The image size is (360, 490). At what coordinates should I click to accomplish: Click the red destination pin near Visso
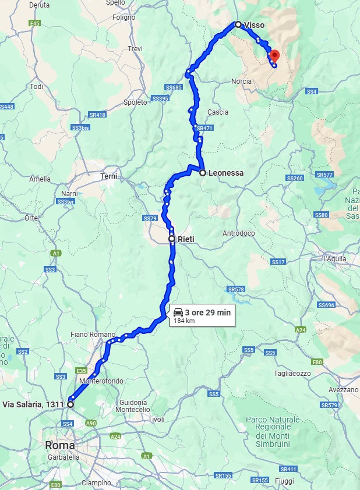point(274,56)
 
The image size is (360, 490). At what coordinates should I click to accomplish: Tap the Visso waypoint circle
point(238,24)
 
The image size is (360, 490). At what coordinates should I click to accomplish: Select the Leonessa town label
point(225,173)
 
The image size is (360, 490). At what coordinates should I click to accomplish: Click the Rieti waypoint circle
point(172,239)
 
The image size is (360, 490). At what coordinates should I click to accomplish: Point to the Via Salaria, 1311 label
point(33,404)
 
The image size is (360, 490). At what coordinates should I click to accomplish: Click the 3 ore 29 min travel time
point(207,313)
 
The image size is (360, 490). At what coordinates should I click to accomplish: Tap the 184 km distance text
point(184,321)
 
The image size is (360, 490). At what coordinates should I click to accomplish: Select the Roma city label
point(60,445)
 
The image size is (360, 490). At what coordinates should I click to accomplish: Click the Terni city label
point(109,176)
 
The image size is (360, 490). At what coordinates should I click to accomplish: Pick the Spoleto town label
point(136,102)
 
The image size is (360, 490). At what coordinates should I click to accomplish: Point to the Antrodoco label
point(239,233)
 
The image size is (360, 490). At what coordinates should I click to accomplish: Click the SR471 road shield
point(204,128)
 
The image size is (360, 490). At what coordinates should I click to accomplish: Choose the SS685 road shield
point(174,87)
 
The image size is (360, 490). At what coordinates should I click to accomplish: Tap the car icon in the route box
point(178,313)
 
